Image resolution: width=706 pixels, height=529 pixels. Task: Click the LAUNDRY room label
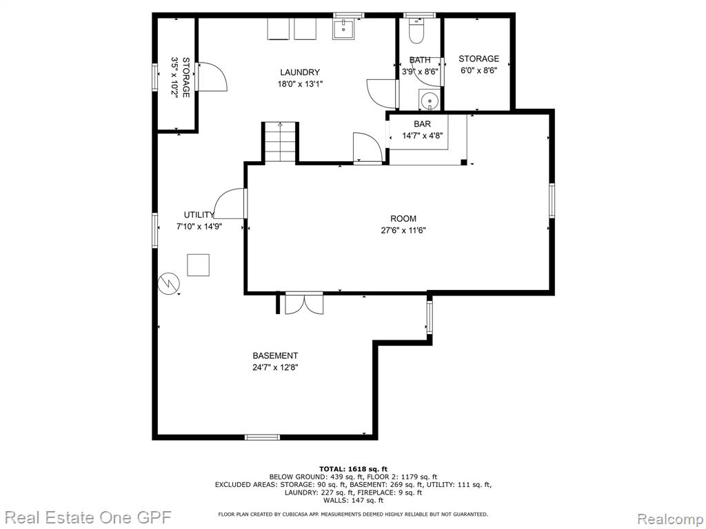point(300,72)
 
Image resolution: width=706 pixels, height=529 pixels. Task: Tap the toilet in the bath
point(416,30)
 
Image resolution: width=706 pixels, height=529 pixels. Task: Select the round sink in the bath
point(429,99)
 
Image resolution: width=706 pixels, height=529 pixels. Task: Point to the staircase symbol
point(281,142)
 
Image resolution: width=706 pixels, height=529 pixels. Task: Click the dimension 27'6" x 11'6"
point(403,231)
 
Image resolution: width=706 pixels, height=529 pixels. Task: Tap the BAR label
point(422,124)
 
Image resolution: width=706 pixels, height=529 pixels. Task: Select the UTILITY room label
point(199,215)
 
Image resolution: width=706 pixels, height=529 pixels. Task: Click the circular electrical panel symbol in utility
point(168,283)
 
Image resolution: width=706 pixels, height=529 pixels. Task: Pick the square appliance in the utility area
point(198,265)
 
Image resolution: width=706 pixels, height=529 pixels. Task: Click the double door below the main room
point(304,304)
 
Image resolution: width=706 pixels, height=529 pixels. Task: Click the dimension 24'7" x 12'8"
point(275,368)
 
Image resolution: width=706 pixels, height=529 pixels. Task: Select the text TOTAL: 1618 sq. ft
point(353,469)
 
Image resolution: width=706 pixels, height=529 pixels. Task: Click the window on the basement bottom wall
point(262,437)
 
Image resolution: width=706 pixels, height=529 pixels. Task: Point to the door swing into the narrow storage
point(212,77)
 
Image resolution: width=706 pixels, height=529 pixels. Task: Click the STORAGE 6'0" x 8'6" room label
point(478,64)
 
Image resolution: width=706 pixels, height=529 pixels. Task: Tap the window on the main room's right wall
point(552,201)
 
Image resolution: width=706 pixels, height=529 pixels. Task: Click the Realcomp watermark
point(669,519)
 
